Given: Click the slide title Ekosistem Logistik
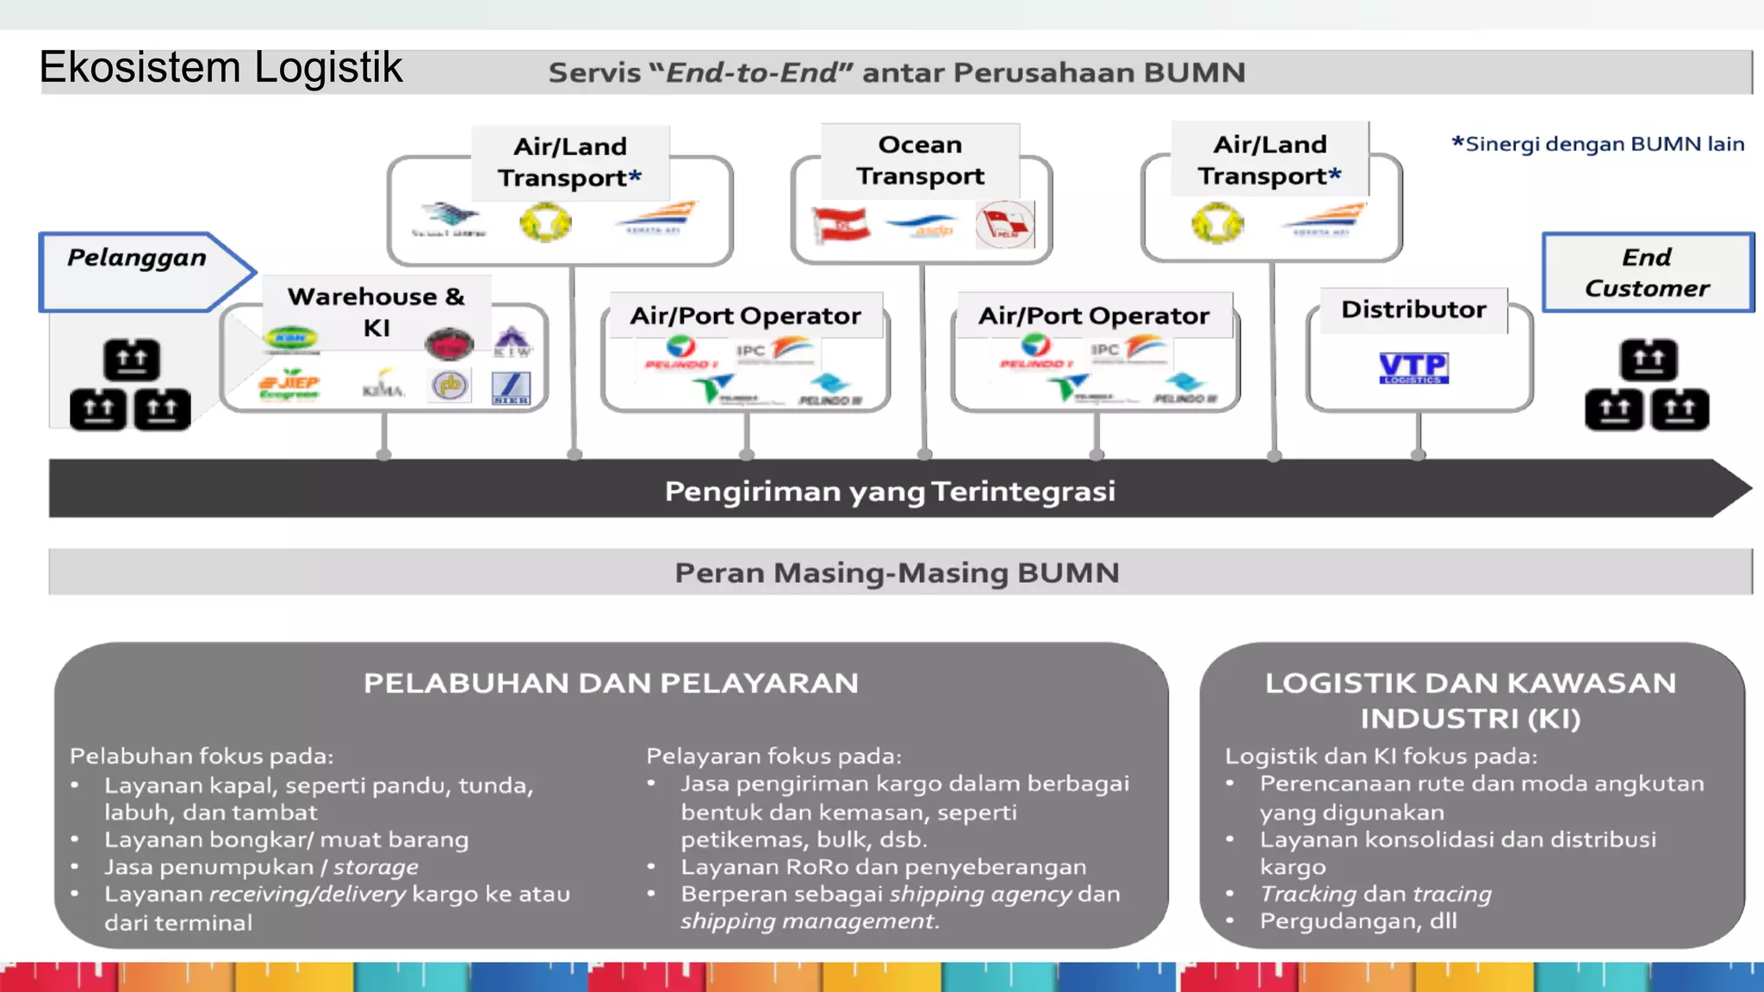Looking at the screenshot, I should tap(220, 67).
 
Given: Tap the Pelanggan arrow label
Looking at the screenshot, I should tap(138, 258).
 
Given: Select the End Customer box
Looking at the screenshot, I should tap(1647, 272).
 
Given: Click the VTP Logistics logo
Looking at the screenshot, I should tap(1413, 368).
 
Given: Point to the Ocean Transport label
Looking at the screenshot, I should tap(920, 160).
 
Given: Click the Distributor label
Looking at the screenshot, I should tap(1413, 309).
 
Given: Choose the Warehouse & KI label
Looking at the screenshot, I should tap(376, 311).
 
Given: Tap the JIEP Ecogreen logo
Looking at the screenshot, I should tap(289, 387).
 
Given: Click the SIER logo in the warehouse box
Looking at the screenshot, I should tap(511, 388).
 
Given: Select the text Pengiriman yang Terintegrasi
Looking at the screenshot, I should tap(890, 491).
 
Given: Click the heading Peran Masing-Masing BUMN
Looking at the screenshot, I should tap(897, 573).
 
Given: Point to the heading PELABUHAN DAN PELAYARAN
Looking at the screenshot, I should tap(611, 683).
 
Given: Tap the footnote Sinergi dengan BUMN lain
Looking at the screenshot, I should tap(1599, 144).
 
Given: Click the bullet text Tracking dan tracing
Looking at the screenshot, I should tap(1376, 894).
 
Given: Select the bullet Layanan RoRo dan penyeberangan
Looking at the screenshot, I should tap(884, 866).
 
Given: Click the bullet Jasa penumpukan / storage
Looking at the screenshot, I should tap(261, 866).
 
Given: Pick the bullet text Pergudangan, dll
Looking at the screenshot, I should tap(1358, 921).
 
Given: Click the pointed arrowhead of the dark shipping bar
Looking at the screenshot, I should tap(1731, 488).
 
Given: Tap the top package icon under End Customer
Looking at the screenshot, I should tap(1648, 360).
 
